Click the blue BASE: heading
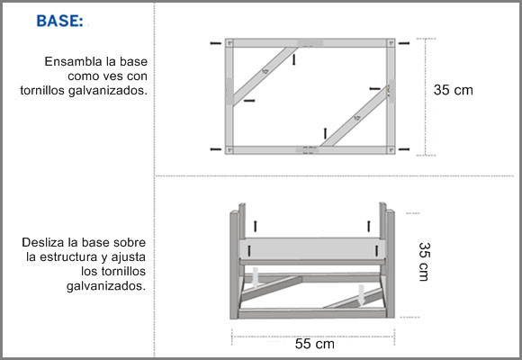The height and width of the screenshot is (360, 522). (60, 21)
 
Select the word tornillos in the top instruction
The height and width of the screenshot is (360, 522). (42, 90)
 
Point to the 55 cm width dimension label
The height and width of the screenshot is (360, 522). (315, 344)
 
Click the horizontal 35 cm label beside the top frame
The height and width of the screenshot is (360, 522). (453, 90)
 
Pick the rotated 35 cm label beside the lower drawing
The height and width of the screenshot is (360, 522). (425, 262)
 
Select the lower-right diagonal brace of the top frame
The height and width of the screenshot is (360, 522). (355, 117)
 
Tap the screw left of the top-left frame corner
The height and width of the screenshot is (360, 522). (216, 43)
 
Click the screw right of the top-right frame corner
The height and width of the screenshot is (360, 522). (404, 43)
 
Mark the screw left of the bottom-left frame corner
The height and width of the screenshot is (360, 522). (216, 149)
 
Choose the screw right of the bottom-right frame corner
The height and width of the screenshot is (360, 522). (404, 149)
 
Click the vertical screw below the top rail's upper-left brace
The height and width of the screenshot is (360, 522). (293, 59)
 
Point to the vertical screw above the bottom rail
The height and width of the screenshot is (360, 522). (325, 133)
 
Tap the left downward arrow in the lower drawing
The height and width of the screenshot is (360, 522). (256, 277)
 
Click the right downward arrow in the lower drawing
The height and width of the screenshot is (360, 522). (362, 294)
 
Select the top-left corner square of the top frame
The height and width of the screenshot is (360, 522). (229, 43)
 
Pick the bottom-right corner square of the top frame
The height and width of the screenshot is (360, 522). (391, 150)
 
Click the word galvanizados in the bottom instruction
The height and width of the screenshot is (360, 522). (106, 286)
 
